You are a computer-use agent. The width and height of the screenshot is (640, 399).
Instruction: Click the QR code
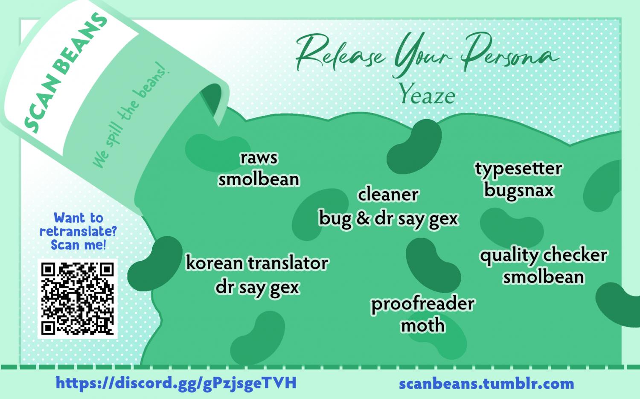point(77,299)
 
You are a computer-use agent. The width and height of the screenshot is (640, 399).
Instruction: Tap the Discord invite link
point(176,383)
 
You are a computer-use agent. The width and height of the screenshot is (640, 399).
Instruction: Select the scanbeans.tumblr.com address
point(486,384)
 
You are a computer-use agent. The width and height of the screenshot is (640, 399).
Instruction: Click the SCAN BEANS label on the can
point(66,73)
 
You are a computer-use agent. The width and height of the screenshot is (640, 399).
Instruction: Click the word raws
point(259,158)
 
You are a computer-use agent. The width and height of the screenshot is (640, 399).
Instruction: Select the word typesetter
point(519,169)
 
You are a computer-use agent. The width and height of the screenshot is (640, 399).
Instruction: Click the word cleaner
point(388,195)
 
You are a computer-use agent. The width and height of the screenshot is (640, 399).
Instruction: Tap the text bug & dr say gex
point(389,219)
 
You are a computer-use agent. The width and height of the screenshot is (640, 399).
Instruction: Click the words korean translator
point(257,263)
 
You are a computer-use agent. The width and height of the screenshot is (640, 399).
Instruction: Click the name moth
point(423,326)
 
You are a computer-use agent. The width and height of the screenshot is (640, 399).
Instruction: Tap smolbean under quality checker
point(544,277)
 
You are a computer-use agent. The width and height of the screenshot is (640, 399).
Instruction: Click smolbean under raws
point(259,180)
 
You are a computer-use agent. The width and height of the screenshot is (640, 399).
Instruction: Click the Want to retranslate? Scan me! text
point(78,232)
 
